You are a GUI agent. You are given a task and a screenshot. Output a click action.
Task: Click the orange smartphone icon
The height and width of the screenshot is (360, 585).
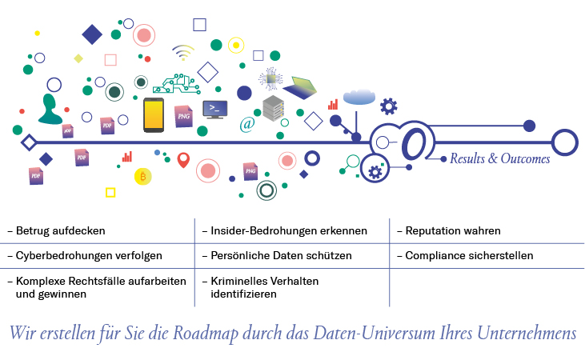154,115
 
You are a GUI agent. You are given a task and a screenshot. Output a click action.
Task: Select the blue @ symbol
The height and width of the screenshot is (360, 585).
247,124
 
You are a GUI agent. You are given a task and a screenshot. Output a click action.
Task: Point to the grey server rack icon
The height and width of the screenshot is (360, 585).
273,108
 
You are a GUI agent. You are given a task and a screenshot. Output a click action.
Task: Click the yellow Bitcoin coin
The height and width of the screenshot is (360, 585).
143,175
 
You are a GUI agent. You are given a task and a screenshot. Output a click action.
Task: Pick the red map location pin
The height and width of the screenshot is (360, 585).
183,160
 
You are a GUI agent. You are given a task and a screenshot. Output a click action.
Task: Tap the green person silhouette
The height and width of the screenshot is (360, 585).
50,110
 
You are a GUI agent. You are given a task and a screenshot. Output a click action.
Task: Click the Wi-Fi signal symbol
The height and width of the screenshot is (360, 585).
183,53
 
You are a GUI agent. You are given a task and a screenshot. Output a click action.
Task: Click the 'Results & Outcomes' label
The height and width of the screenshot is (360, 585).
499,159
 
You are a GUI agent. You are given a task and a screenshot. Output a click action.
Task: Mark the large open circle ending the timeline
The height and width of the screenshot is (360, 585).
564,142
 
